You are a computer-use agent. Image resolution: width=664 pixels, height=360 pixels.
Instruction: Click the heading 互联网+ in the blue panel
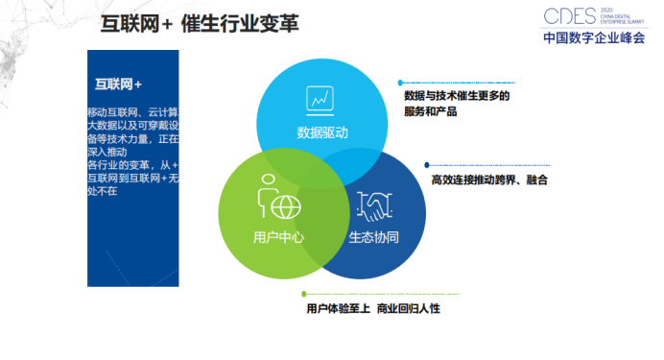click(x=119, y=84)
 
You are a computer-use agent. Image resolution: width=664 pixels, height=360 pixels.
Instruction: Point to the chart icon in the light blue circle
click(x=320, y=98)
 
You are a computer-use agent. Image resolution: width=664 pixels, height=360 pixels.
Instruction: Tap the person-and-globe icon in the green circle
click(x=278, y=199)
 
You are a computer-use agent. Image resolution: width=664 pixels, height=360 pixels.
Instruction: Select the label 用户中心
click(x=278, y=235)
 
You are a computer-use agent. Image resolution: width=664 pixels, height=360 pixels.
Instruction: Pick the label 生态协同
click(x=373, y=236)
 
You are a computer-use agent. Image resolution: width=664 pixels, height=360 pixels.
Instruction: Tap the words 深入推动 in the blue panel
click(x=107, y=152)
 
